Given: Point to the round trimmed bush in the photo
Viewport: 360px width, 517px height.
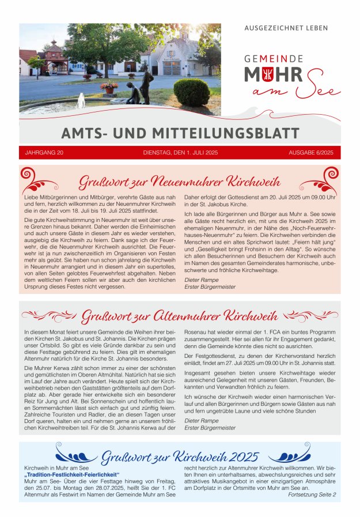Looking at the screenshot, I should pyautogui.click(x=191, y=92).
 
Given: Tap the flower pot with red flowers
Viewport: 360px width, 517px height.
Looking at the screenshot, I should pyautogui.click(x=109, y=87).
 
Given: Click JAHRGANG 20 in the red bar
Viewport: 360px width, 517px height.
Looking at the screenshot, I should pyautogui.click(x=44, y=153).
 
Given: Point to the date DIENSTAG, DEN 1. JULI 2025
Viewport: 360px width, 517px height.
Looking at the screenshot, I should pyautogui.click(x=180, y=153).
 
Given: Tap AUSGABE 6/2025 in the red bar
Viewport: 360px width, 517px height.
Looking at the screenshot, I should pyautogui.click(x=311, y=153).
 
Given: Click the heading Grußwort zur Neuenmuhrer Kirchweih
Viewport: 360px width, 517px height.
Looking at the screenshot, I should pyautogui.click(x=180, y=180).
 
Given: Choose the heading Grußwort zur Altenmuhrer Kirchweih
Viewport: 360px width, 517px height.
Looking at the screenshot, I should pyautogui.click(x=180, y=316).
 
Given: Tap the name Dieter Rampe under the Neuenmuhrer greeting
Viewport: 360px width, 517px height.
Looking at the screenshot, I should pyautogui.click(x=198, y=280).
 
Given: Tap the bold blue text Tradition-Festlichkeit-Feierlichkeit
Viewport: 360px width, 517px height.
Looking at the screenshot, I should pyautogui.click(x=71, y=474).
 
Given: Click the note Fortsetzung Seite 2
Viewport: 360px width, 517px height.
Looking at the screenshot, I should pyautogui.click(x=312, y=495).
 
